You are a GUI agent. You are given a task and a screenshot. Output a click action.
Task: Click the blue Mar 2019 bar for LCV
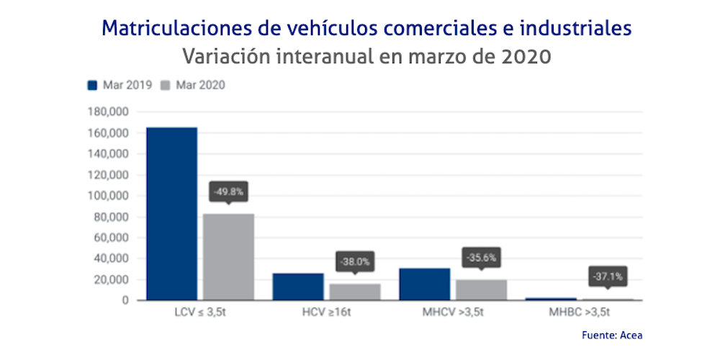click(x=171, y=213)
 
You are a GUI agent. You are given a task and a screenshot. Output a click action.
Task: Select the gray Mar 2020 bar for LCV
click(x=228, y=256)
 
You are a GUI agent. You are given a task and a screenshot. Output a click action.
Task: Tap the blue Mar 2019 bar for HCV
click(x=298, y=287)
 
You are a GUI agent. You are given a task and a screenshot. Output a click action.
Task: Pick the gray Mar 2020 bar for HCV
click(x=355, y=292)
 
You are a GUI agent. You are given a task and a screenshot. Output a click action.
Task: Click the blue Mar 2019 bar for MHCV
click(x=424, y=284)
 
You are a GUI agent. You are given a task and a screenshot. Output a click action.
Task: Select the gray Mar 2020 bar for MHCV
click(x=481, y=289)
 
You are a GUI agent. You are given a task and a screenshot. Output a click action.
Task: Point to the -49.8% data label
click(x=228, y=192)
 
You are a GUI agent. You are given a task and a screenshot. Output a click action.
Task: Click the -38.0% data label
click(x=355, y=262)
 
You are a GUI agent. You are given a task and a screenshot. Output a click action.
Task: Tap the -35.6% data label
click(x=481, y=257)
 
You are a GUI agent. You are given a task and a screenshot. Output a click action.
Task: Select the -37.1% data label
click(x=608, y=276)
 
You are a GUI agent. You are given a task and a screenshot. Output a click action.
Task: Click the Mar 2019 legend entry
click(x=120, y=85)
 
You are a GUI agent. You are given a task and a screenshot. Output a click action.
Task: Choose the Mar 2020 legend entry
click(x=193, y=85)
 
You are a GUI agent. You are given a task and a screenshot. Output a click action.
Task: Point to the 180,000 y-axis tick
click(x=107, y=112)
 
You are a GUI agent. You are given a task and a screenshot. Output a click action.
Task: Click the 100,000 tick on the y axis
click(x=107, y=196)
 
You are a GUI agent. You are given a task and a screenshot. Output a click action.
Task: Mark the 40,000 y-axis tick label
click(x=109, y=258)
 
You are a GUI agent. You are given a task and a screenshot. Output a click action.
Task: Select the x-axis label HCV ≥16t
click(x=326, y=314)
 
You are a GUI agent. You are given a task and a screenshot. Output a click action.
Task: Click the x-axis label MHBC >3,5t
click(x=579, y=314)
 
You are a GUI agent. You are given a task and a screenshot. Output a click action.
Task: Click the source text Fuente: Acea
click(x=612, y=335)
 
